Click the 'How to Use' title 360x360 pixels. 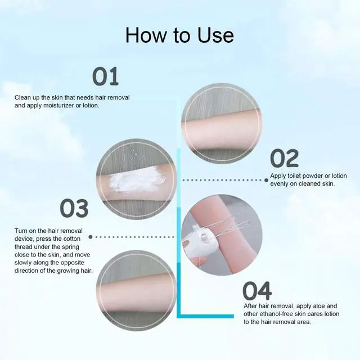click(x=179, y=35)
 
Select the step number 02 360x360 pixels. click(x=285, y=159)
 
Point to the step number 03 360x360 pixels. click(x=74, y=209)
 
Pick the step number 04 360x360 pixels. click(x=257, y=291)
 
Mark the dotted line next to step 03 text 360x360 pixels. click(x=135, y=237)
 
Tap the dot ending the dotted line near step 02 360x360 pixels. click(x=267, y=180)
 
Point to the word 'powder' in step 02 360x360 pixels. click(x=325, y=176)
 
